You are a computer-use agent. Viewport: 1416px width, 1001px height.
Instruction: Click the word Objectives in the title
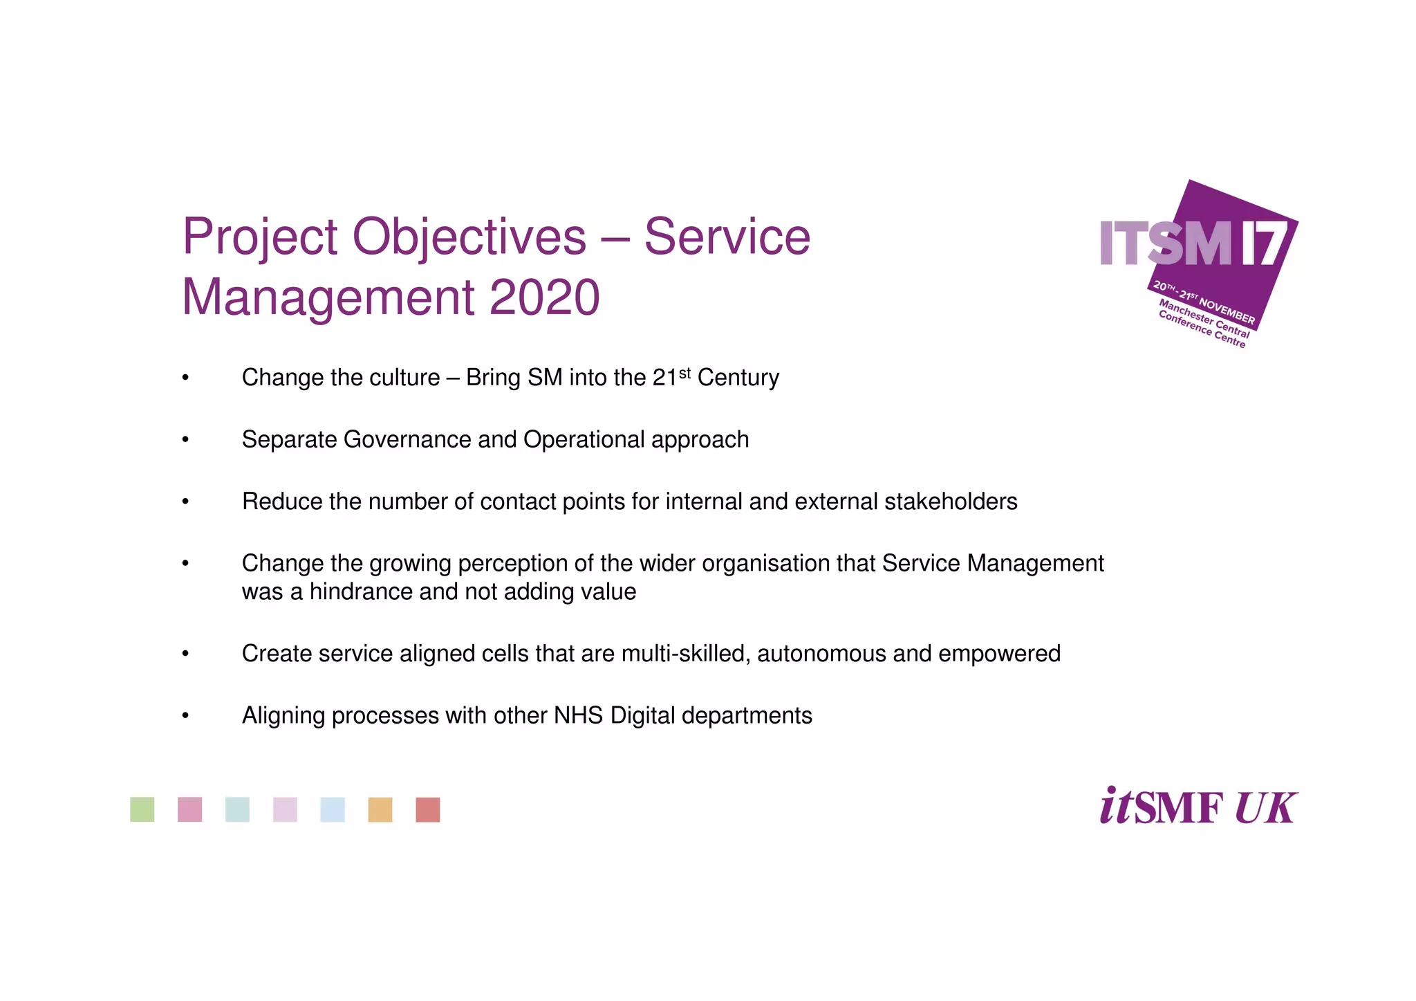[x=469, y=238]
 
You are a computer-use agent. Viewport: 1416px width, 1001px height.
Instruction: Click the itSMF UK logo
[x=1198, y=807]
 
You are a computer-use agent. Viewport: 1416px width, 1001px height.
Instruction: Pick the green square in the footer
[x=142, y=809]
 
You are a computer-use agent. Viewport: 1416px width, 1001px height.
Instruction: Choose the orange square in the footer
[x=380, y=809]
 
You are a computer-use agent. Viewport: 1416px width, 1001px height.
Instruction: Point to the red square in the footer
[x=428, y=809]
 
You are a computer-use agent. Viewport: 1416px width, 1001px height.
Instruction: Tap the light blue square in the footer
[x=333, y=809]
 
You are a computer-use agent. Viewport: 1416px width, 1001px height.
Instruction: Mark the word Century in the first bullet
[x=738, y=378]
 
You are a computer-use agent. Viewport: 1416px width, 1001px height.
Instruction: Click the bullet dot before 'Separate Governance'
[x=185, y=441]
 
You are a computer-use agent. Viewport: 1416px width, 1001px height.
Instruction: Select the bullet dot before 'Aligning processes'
[x=185, y=717]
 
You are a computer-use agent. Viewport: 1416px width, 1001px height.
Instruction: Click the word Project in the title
[x=260, y=238]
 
